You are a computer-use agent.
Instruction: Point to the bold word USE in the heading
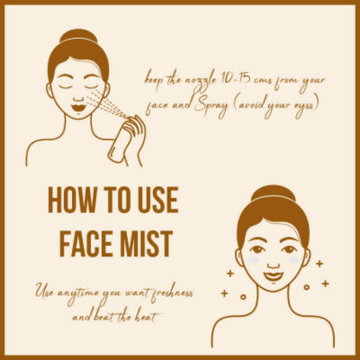tap(157, 200)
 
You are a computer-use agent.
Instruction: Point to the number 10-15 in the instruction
tap(231, 79)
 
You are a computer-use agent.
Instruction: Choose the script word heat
tap(146, 317)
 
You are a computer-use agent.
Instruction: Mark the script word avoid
tap(249, 105)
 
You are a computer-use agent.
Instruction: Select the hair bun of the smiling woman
tap(273, 193)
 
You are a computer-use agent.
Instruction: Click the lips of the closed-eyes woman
tap(77, 108)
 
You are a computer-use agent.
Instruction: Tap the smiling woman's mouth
tap(273, 276)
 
